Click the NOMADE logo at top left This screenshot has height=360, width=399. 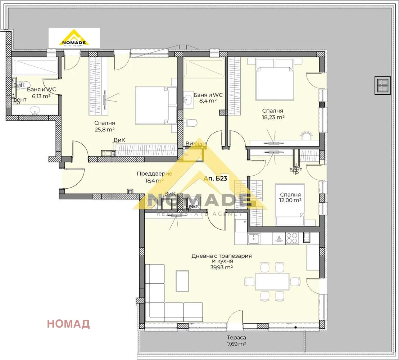coord(74,38)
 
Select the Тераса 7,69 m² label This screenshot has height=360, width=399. coord(236,341)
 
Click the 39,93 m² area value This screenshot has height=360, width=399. coord(222,267)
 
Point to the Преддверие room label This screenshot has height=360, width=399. coord(154,174)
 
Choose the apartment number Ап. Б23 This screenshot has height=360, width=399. coord(215,178)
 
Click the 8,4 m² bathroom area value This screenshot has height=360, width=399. coord(208,101)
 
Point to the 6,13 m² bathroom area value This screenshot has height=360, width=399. coord(41,96)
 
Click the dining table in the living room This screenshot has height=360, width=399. coord(272,282)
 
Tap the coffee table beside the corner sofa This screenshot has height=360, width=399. coord(182,282)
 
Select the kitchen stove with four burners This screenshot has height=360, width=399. coord(291,238)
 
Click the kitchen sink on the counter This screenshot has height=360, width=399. coord(254,238)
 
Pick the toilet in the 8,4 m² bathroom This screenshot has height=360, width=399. coord(191,123)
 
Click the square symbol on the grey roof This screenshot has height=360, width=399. coord(382,85)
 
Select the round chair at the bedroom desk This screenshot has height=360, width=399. coord(307,135)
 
